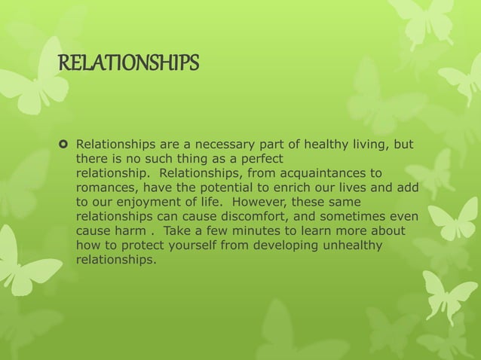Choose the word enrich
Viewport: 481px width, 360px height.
(x=293, y=188)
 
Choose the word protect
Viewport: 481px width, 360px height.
(x=149, y=246)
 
